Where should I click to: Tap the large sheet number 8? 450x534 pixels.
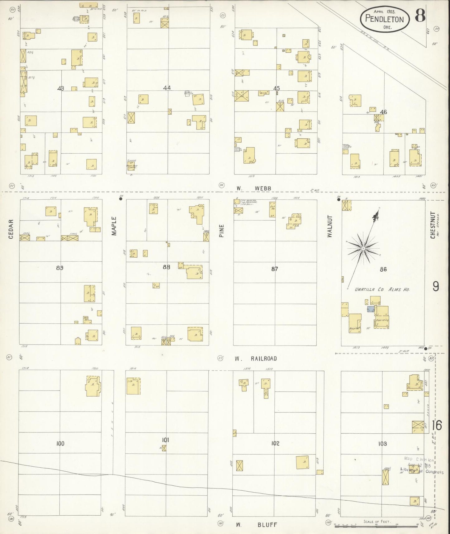pos(420,16)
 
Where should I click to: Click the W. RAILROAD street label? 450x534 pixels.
pos(256,359)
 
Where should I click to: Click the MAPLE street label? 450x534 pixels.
pos(114,226)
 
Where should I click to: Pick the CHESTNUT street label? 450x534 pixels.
pos(433,225)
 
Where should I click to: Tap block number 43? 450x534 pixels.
pos(60,88)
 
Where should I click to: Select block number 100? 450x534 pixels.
pos(60,443)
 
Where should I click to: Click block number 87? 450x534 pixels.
pos(274,269)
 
